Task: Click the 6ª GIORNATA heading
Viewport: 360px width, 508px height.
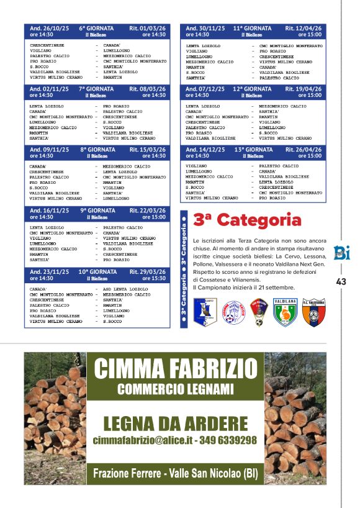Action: (x=96, y=29)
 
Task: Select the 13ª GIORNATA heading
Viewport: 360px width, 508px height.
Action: (x=253, y=150)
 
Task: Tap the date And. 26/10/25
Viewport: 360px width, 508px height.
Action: (x=49, y=29)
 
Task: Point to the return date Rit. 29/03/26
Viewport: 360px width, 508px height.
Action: (x=148, y=272)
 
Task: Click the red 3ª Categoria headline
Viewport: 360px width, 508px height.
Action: (x=247, y=220)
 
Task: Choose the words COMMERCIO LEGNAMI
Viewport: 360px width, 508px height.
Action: (x=175, y=389)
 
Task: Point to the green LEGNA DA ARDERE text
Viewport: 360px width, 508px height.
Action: (x=175, y=424)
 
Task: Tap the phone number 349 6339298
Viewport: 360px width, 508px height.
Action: (x=228, y=440)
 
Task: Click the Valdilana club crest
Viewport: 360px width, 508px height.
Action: (x=285, y=311)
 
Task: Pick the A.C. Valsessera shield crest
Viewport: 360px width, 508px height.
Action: (x=314, y=311)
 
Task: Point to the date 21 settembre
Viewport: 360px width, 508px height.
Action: (x=279, y=288)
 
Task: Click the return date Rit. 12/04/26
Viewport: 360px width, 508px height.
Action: (x=304, y=29)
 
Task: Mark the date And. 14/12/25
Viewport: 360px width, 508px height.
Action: (x=205, y=150)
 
